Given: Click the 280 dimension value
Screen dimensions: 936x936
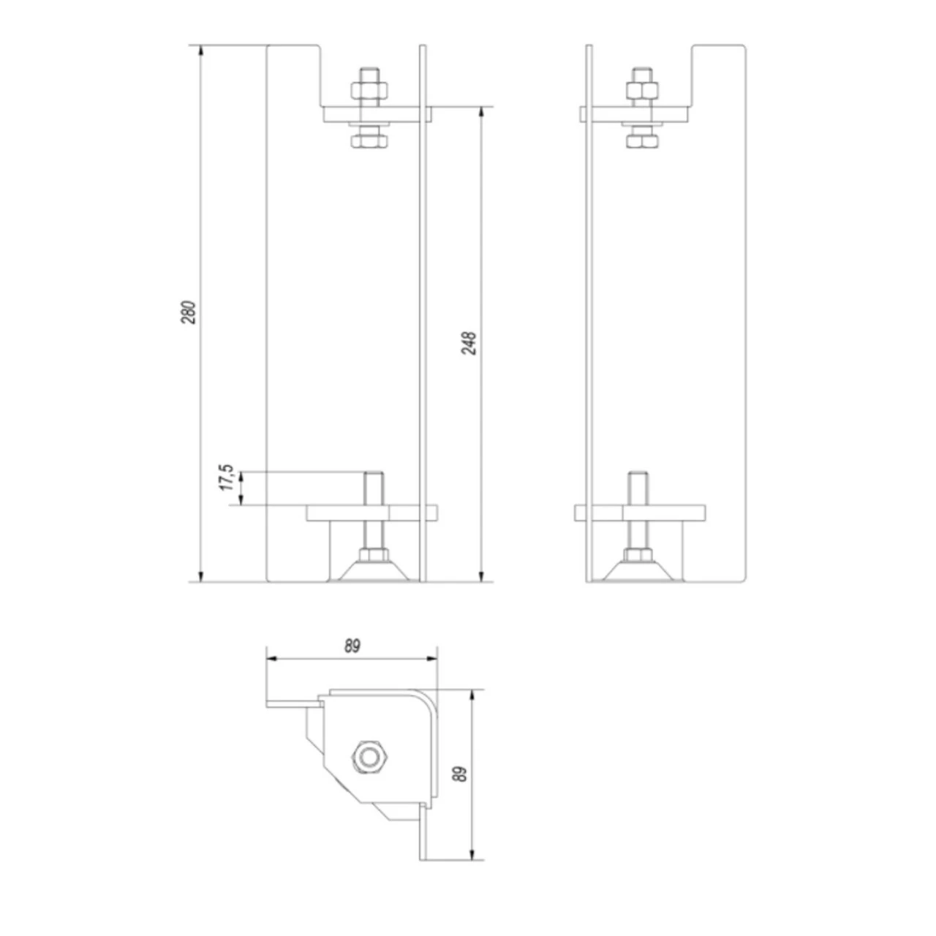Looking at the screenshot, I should click(189, 312).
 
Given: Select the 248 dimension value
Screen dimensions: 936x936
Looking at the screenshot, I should click(469, 343).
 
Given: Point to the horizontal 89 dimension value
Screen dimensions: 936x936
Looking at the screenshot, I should click(352, 646).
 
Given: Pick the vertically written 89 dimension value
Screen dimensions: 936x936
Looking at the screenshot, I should click(459, 774).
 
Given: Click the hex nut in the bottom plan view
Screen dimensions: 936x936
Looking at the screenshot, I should click(370, 755).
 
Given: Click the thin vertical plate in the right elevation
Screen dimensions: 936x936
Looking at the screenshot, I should click(589, 314).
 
